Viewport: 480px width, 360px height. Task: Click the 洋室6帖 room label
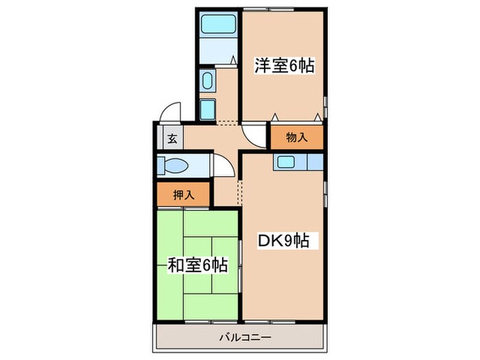(x=285, y=67)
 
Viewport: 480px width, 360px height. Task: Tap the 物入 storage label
(x=296, y=138)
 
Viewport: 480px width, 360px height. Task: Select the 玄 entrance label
(x=171, y=139)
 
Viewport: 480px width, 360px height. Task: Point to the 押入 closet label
(x=183, y=195)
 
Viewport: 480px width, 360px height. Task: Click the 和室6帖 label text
(x=197, y=265)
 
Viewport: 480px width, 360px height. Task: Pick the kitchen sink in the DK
(x=285, y=163)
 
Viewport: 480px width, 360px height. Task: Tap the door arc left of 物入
(x=254, y=134)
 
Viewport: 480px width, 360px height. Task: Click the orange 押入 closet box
(x=183, y=195)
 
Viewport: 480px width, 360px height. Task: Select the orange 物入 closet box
(x=296, y=138)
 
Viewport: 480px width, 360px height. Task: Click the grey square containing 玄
(x=171, y=139)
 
